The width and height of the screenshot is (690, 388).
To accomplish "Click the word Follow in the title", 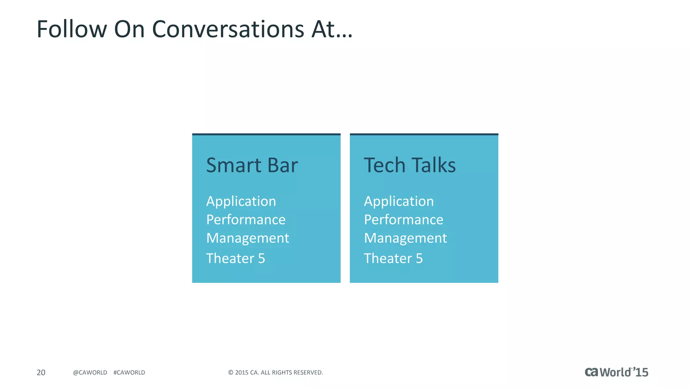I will click(71, 29).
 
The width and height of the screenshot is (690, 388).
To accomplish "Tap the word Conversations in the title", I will click(228, 29).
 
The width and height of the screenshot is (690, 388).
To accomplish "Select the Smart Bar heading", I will click(252, 165).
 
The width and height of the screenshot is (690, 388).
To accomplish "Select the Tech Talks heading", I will click(410, 165).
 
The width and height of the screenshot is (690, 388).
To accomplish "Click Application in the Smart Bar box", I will click(241, 201).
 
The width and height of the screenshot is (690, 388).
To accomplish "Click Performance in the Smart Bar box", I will click(246, 220).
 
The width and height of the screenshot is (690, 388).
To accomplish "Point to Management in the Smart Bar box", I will click(248, 238).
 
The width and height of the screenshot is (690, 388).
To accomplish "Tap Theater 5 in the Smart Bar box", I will click(236, 258).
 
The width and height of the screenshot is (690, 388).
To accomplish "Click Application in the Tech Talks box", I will click(399, 201).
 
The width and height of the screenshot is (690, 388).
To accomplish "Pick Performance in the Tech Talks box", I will click(404, 220).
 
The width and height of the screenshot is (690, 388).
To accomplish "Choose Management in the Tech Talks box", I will click(405, 238).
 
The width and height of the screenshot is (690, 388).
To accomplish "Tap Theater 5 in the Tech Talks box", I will click(393, 258).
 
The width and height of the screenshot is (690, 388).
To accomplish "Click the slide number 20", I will click(41, 373).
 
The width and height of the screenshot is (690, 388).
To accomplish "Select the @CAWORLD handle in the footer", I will click(90, 373).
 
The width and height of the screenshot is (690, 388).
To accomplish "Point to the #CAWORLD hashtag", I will click(129, 373).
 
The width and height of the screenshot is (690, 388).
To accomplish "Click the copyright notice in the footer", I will click(276, 373).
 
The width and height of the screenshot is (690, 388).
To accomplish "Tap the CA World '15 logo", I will click(616, 372).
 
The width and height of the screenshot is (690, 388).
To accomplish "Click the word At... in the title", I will click(332, 29).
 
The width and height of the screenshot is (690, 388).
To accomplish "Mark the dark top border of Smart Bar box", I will click(266, 134).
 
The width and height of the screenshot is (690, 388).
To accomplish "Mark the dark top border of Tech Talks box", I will click(424, 134).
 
